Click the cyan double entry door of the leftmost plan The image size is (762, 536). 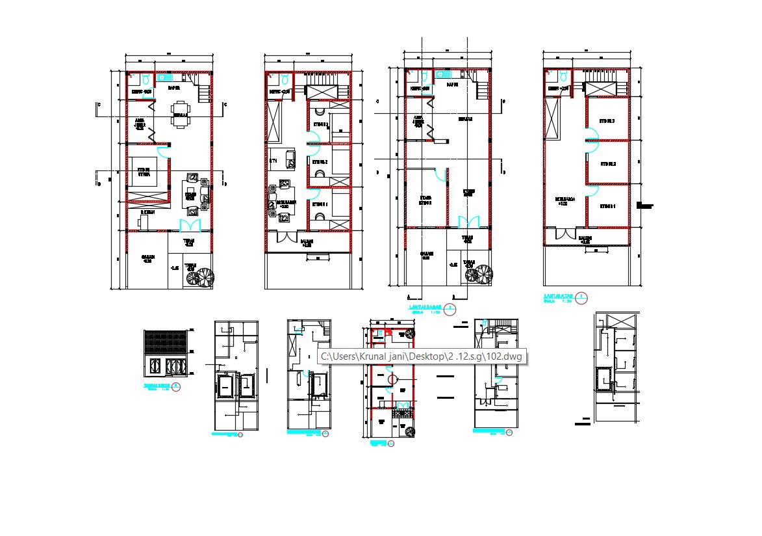tap(190, 225)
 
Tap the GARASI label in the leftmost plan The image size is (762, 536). tap(147, 258)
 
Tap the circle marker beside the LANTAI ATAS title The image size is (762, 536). tap(583, 298)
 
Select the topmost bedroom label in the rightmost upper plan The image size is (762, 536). tap(607, 121)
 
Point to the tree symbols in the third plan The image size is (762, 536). tap(479, 274)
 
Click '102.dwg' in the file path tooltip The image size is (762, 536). tap(507, 356)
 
